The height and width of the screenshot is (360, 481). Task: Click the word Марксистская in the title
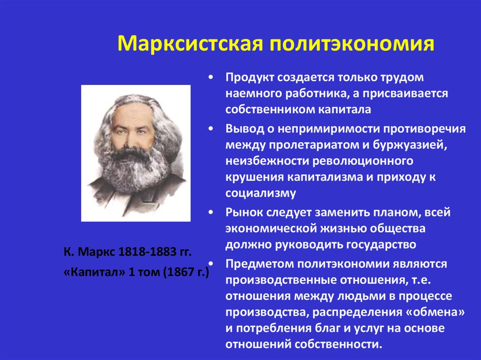pos(190,43)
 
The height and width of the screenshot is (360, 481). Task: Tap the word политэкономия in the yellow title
pos(352,43)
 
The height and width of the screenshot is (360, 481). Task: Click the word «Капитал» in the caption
pos(94,272)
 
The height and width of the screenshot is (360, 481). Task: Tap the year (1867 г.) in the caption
pos(186,272)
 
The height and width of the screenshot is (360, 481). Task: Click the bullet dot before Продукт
pos(210,77)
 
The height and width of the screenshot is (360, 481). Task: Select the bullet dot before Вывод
pos(210,129)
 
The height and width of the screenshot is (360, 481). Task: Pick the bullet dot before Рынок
pos(210,212)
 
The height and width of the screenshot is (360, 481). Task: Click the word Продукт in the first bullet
pos(249,77)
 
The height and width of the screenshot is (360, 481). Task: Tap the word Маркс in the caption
pos(96,252)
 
